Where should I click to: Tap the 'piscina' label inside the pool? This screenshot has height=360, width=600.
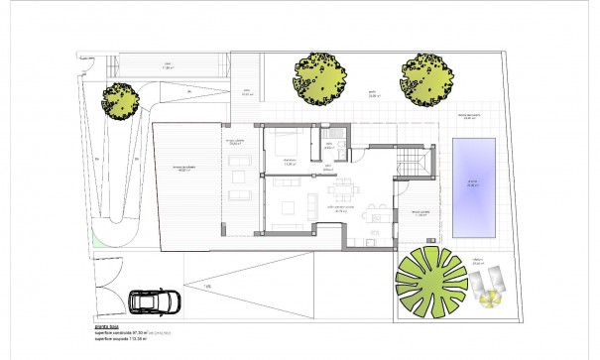(473, 184)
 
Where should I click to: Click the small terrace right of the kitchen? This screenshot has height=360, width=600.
(420, 214)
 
